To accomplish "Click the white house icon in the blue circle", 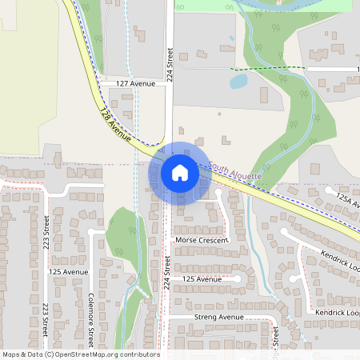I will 179,172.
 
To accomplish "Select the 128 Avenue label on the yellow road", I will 115,124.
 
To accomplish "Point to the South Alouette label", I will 236,171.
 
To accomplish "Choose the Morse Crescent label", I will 201,240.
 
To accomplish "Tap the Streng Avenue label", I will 218,317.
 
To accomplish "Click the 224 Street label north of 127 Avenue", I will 170,64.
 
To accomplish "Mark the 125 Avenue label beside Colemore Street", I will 68,272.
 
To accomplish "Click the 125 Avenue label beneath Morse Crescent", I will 202,278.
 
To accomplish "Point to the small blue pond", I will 238,81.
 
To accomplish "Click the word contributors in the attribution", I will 138,354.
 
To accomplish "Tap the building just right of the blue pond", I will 264,94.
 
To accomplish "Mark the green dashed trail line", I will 264,69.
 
